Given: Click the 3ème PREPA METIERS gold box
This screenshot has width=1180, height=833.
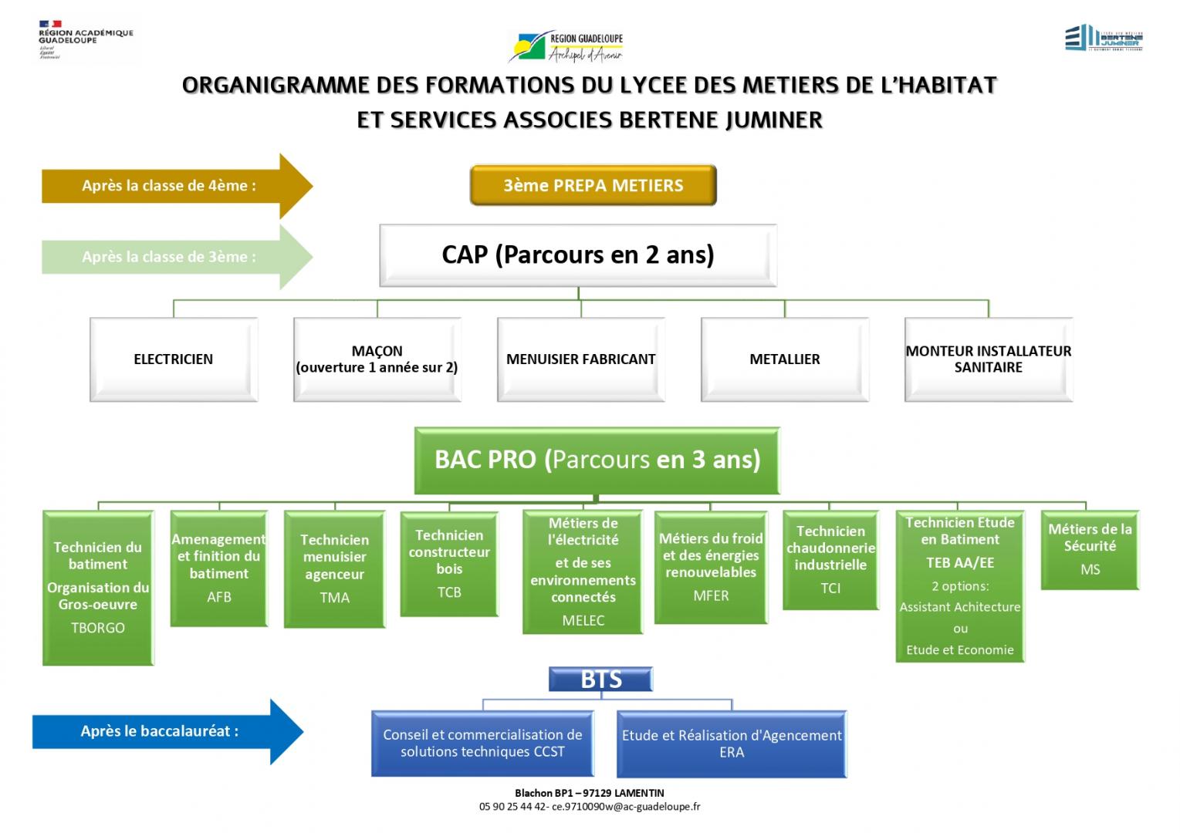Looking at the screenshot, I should [x=593, y=185].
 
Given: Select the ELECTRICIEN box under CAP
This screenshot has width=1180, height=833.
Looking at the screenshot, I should [x=174, y=359].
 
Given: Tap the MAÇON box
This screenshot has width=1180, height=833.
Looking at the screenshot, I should [x=377, y=359].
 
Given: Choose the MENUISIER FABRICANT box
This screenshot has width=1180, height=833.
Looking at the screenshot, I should [x=580, y=359].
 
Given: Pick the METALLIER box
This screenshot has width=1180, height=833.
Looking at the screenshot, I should [x=785, y=359].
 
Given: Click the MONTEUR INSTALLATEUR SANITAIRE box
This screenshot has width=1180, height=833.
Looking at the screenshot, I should [x=989, y=359].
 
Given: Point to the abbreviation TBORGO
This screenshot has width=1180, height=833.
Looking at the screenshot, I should [x=98, y=628].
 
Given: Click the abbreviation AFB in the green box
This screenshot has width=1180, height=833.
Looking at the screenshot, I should [x=219, y=597].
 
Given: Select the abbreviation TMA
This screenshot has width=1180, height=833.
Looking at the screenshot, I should [x=335, y=598].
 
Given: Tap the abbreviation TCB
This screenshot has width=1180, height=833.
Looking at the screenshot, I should [x=449, y=592].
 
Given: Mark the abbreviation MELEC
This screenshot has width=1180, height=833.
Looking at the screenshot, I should [x=583, y=620].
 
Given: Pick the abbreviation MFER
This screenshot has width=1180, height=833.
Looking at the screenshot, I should [x=711, y=595].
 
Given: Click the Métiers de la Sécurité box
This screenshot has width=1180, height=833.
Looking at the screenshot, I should [x=1090, y=549].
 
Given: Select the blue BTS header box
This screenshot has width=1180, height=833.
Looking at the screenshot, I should [x=601, y=680].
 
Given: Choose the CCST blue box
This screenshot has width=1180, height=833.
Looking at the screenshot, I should [x=483, y=744].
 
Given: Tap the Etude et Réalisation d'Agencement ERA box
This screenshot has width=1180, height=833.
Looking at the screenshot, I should [x=732, y=744].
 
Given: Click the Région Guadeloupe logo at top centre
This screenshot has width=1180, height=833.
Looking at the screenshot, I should [x=566, y=46].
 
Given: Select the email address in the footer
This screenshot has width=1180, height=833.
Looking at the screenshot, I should [x=626, y=807].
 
